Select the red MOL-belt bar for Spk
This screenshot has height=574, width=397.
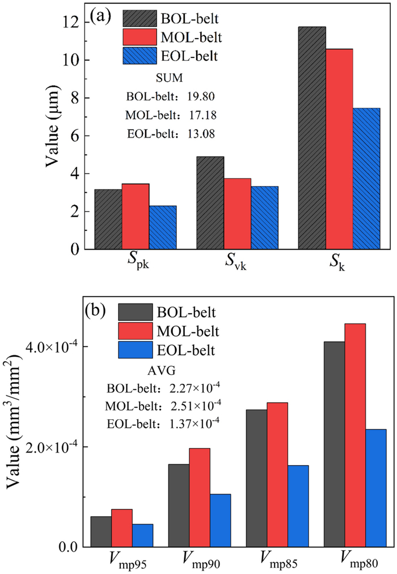pyautogui.click(x=136, y=216)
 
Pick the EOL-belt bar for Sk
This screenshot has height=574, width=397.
pyautogui.click(x=366, y=179)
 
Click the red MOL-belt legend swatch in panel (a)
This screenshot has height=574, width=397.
pyautogui.click(x=140, y=37)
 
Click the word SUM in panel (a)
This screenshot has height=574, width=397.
pyautogui.click(x=168, y=77)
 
